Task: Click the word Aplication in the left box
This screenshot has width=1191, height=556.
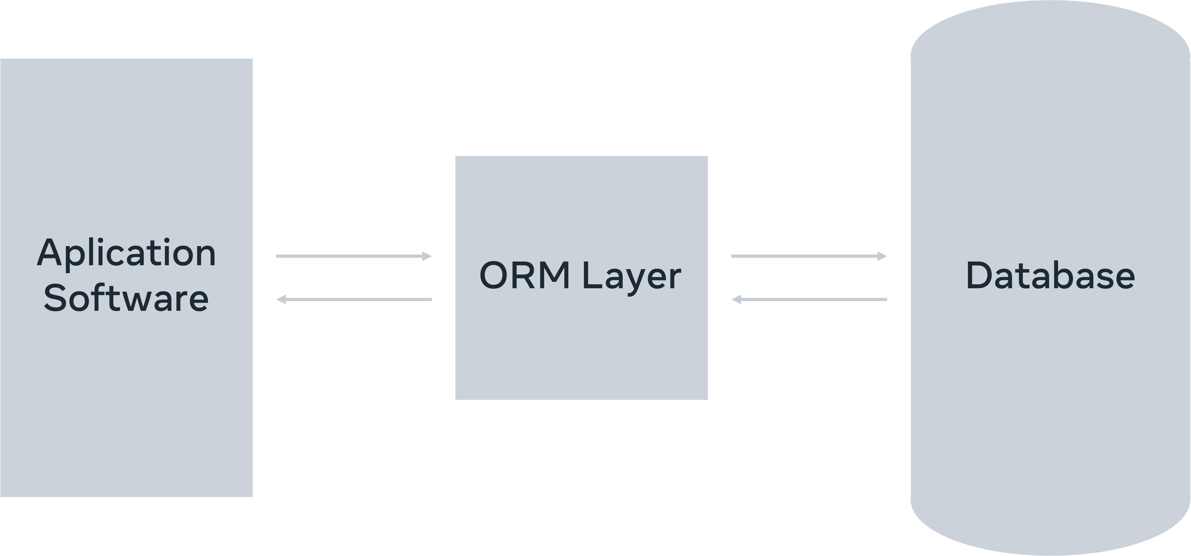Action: [126, 253]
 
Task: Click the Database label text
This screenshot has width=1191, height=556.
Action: [1050, 276]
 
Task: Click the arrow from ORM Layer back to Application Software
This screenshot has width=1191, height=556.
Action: [354, 300]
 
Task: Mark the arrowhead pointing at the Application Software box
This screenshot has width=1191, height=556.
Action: [281, 300]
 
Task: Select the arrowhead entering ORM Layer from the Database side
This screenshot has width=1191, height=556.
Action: [736, 300]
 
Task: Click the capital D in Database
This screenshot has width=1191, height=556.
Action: [980, 276]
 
